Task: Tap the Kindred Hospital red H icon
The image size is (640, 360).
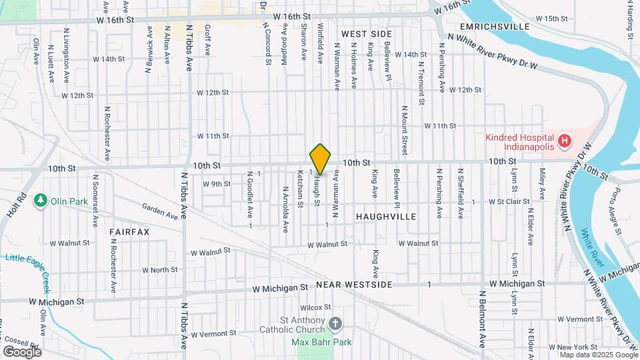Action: pos(565,141)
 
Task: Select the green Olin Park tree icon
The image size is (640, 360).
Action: pos(41,200)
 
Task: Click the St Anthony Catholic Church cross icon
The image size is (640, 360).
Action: pos(335,323)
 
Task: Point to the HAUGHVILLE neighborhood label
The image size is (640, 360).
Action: pos(386,217)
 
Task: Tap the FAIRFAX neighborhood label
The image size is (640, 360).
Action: pos(130,231)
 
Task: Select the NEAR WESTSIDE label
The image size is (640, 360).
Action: pos(354,285)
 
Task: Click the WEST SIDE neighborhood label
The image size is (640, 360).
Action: pos(367,33)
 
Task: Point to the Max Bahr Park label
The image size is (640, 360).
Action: pos(322,343)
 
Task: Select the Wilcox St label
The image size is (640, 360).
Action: pos(315,307)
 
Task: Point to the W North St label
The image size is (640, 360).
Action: pos(160,270)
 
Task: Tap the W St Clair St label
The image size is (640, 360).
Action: pos(509,201)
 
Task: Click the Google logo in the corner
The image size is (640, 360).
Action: pos(21,351)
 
